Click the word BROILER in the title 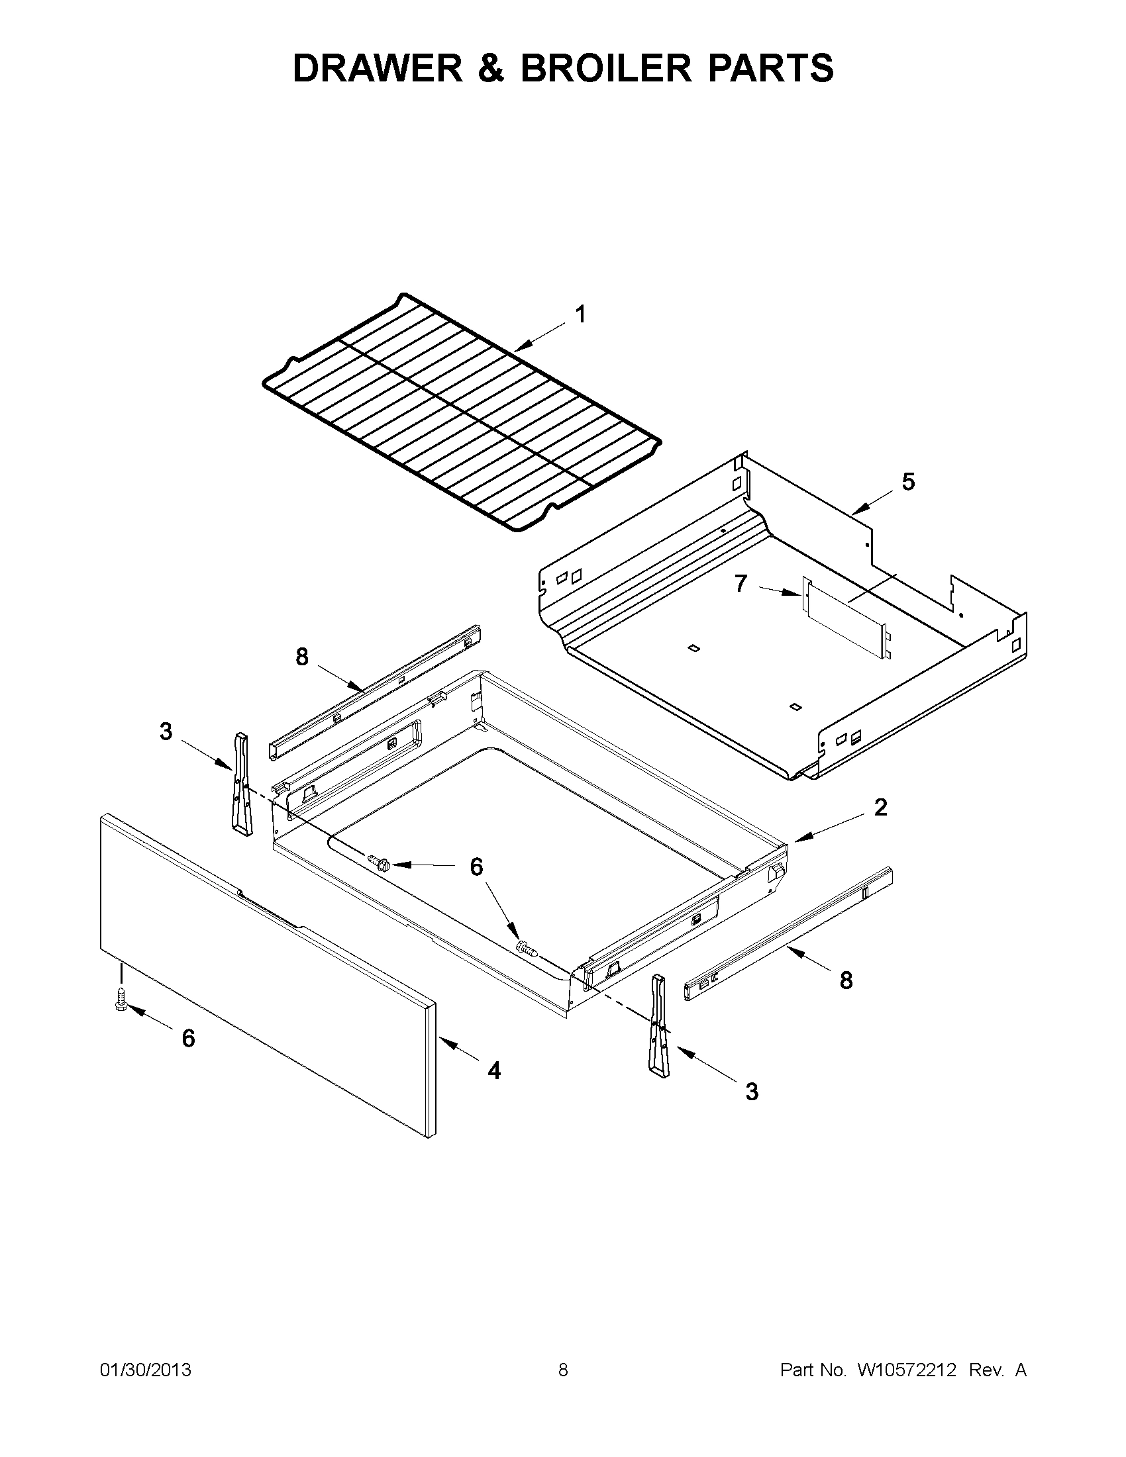click(x=606, y=68)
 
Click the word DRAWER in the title click(x=378, y=68)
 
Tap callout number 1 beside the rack click(x=581, y=314)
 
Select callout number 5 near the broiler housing click(x=908, y=482)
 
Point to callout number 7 click(x=741, y=583)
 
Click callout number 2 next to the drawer click(x=880, y=807)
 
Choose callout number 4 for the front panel click(x=494, y=1070)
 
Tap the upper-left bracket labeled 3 click(x=242, y=784)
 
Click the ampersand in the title click(x=492, y=68)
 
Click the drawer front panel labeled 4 click(x=267, y=974)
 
